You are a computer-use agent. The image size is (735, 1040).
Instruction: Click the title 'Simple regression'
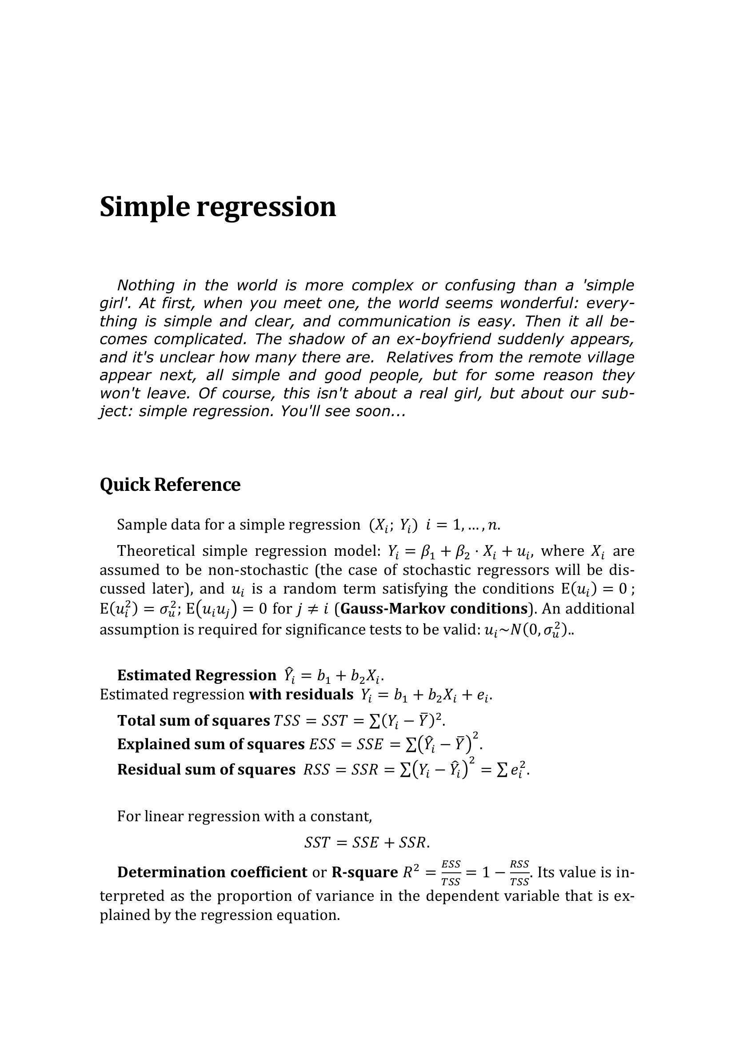click(x=218, y=207)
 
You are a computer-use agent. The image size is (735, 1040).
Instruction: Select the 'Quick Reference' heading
click(x=170, y=485)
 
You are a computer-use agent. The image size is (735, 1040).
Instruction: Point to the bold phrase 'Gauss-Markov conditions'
click(x=434, y=608)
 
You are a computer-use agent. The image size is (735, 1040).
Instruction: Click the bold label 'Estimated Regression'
click(x=196, y=675)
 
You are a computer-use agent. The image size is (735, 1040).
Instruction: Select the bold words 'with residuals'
click(x=300, y=695)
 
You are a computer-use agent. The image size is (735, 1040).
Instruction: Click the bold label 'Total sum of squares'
click(x=193, y=721)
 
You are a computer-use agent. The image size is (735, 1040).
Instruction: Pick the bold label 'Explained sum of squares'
click(x=211, y=744)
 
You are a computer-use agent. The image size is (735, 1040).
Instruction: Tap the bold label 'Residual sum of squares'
click(x=206, y=770)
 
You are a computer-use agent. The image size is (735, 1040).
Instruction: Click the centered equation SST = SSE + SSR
click(x=367, y=843)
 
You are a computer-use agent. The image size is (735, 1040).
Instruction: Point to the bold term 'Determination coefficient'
click(x=212, y=872)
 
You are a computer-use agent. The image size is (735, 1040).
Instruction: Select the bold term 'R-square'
click(x=364, y=872)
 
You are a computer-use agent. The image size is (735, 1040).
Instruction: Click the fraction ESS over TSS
click(x=451, y=872)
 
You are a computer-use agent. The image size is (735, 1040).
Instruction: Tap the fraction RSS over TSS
click(x=519, y=872)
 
